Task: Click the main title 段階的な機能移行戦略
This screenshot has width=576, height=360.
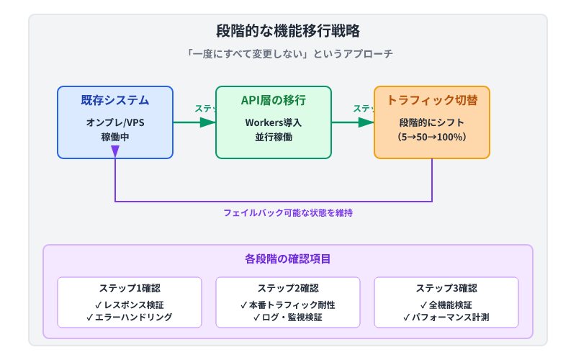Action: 288,31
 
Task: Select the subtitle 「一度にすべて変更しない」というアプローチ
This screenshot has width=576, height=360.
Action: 288,54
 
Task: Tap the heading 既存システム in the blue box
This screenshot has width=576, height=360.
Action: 115,100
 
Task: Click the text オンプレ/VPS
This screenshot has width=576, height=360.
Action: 115,122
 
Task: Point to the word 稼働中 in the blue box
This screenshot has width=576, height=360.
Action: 115,137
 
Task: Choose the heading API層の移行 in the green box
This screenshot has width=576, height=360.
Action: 274,100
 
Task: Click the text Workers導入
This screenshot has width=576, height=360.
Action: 274,122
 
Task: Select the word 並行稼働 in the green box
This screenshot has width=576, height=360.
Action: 274,137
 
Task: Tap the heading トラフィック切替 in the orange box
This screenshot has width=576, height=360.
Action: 432,100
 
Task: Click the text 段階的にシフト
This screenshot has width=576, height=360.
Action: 432,122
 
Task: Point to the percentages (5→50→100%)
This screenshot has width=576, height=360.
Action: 432,137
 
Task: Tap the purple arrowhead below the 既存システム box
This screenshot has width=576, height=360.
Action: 115,152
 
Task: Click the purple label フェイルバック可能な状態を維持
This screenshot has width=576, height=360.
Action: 288,213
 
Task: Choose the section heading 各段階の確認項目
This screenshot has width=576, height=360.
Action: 288,258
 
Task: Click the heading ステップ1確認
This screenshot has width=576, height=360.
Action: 130,288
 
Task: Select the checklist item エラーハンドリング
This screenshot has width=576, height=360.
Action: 130,317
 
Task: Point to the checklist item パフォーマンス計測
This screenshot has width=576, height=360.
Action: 446,317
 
